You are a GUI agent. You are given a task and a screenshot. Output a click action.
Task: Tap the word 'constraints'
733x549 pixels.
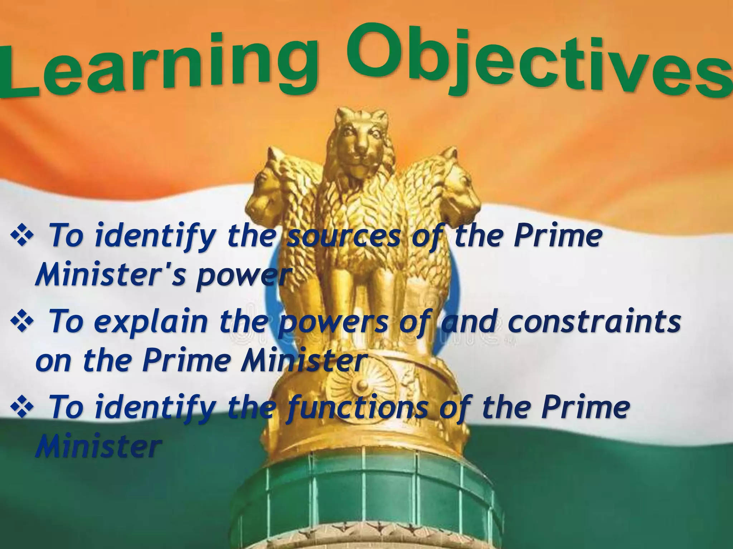click(x=594, y=322)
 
